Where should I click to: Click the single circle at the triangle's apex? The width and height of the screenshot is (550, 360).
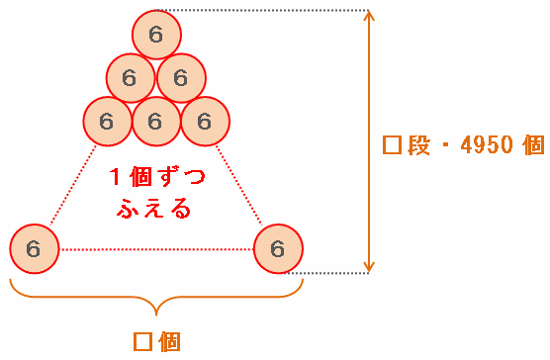(156, 35)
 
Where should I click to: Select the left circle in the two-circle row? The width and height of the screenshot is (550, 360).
(131, 78)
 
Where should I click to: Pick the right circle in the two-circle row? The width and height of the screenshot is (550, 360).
(181, 78)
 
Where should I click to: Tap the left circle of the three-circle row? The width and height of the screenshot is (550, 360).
(108, 122)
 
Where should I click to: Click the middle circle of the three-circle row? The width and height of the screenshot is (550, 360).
(156, 122)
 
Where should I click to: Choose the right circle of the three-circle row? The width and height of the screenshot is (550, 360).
(205, 122)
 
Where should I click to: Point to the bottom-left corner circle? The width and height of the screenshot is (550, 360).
(35, 249)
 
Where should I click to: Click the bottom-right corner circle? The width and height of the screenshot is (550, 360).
(278, 249)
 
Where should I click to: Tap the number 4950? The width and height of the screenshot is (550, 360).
(487, 144)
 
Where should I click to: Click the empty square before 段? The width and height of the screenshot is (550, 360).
(392, 144)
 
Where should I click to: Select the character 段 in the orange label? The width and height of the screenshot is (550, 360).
(418, 144)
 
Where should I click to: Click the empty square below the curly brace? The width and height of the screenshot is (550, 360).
(142, 342)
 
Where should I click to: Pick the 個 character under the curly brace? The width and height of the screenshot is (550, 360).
(170, 342)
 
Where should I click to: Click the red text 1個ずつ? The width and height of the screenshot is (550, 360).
(157, 177)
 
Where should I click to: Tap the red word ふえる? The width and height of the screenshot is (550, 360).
(154, 209)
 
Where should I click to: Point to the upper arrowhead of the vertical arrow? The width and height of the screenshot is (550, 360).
(368, 15)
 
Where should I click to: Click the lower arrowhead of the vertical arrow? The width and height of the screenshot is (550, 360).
(368, 267)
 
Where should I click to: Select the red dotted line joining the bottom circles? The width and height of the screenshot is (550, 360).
(156, 249)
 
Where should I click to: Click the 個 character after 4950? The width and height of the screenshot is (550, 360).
(533, 144)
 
